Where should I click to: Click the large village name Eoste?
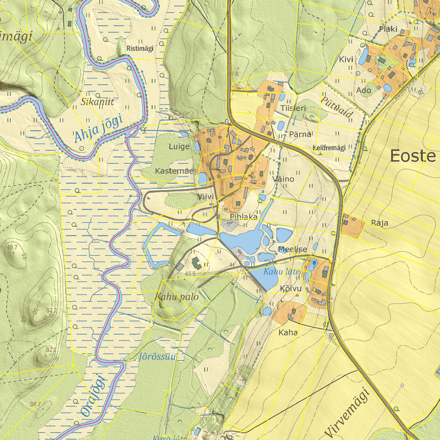[x=412, y=156]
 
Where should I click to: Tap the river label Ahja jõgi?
[x=97, y=128]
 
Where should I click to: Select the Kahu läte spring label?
[x=282, y=272]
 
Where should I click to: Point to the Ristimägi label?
[x=139, y=48]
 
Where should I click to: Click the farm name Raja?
[x=379, y=223]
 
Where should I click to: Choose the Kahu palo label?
[x=176, y=297]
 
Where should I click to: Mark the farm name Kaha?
[x=288, y=333]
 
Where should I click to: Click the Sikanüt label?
[x=98, y=102]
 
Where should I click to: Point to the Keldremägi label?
[x=329, y=148]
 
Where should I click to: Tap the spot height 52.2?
[x=51, y=311]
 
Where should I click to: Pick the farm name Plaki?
[x=388, y=29]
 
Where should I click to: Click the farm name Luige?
[x=179, y=146]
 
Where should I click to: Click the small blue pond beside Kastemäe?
[x=202, y=179]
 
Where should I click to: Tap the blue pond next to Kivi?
[x=364, y=56]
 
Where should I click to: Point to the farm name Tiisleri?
[x=293, y=108]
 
